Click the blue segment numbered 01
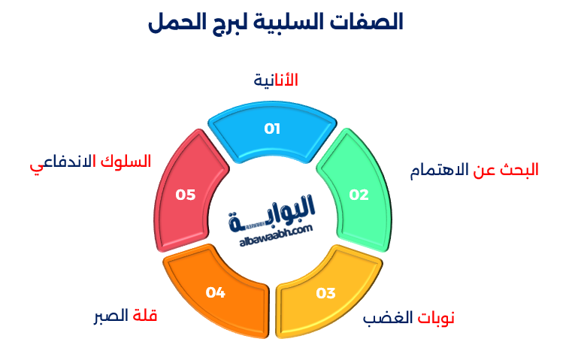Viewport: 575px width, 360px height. (272, 132)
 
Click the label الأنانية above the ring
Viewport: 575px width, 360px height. (276, 80)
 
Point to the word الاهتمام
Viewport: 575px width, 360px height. (439, 170)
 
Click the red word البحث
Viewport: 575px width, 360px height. (521, 170)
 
